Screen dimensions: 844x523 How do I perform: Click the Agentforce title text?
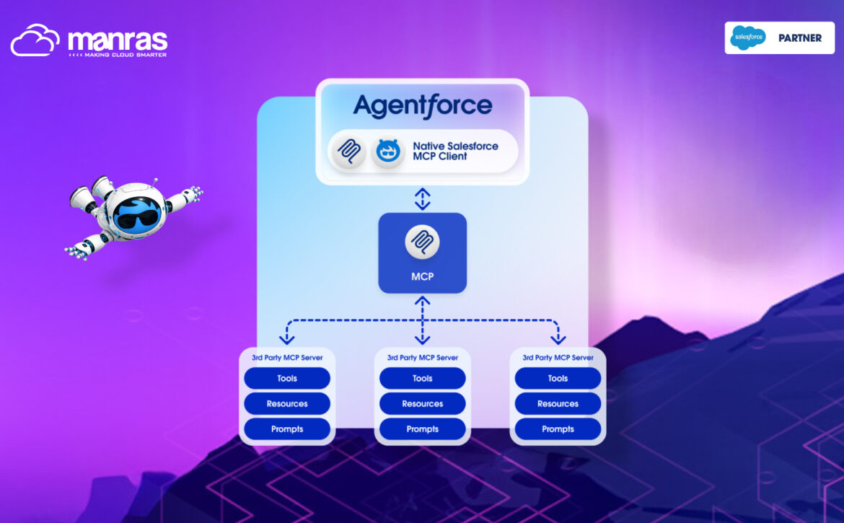coord(423,106)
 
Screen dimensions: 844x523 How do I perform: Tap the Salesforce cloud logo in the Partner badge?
coord(747,38)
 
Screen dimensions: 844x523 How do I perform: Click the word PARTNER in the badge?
coord(800,38)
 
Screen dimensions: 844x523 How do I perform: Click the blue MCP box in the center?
coord(423,253)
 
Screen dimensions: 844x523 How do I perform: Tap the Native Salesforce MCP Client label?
coord(455,151)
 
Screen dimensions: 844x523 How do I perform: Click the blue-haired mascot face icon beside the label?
coord(388,151)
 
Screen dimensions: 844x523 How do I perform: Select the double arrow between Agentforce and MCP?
coord(423,198)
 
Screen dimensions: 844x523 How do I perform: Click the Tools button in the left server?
coord(287,378)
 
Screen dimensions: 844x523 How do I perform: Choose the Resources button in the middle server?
coord(423,403)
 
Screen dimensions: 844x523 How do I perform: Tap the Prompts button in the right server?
coord(558,428)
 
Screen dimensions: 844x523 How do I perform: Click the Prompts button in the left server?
coord(287,428)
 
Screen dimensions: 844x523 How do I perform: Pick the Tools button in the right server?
coord(558,378)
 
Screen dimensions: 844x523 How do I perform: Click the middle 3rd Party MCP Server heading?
coord(423,357)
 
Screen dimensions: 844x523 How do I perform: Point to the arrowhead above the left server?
coord(287,339)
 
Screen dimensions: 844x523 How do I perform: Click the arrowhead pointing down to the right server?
coord(558,339)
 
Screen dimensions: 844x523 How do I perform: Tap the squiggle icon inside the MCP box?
coord(423,242)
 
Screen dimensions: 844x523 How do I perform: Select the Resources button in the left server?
coord(287,403)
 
